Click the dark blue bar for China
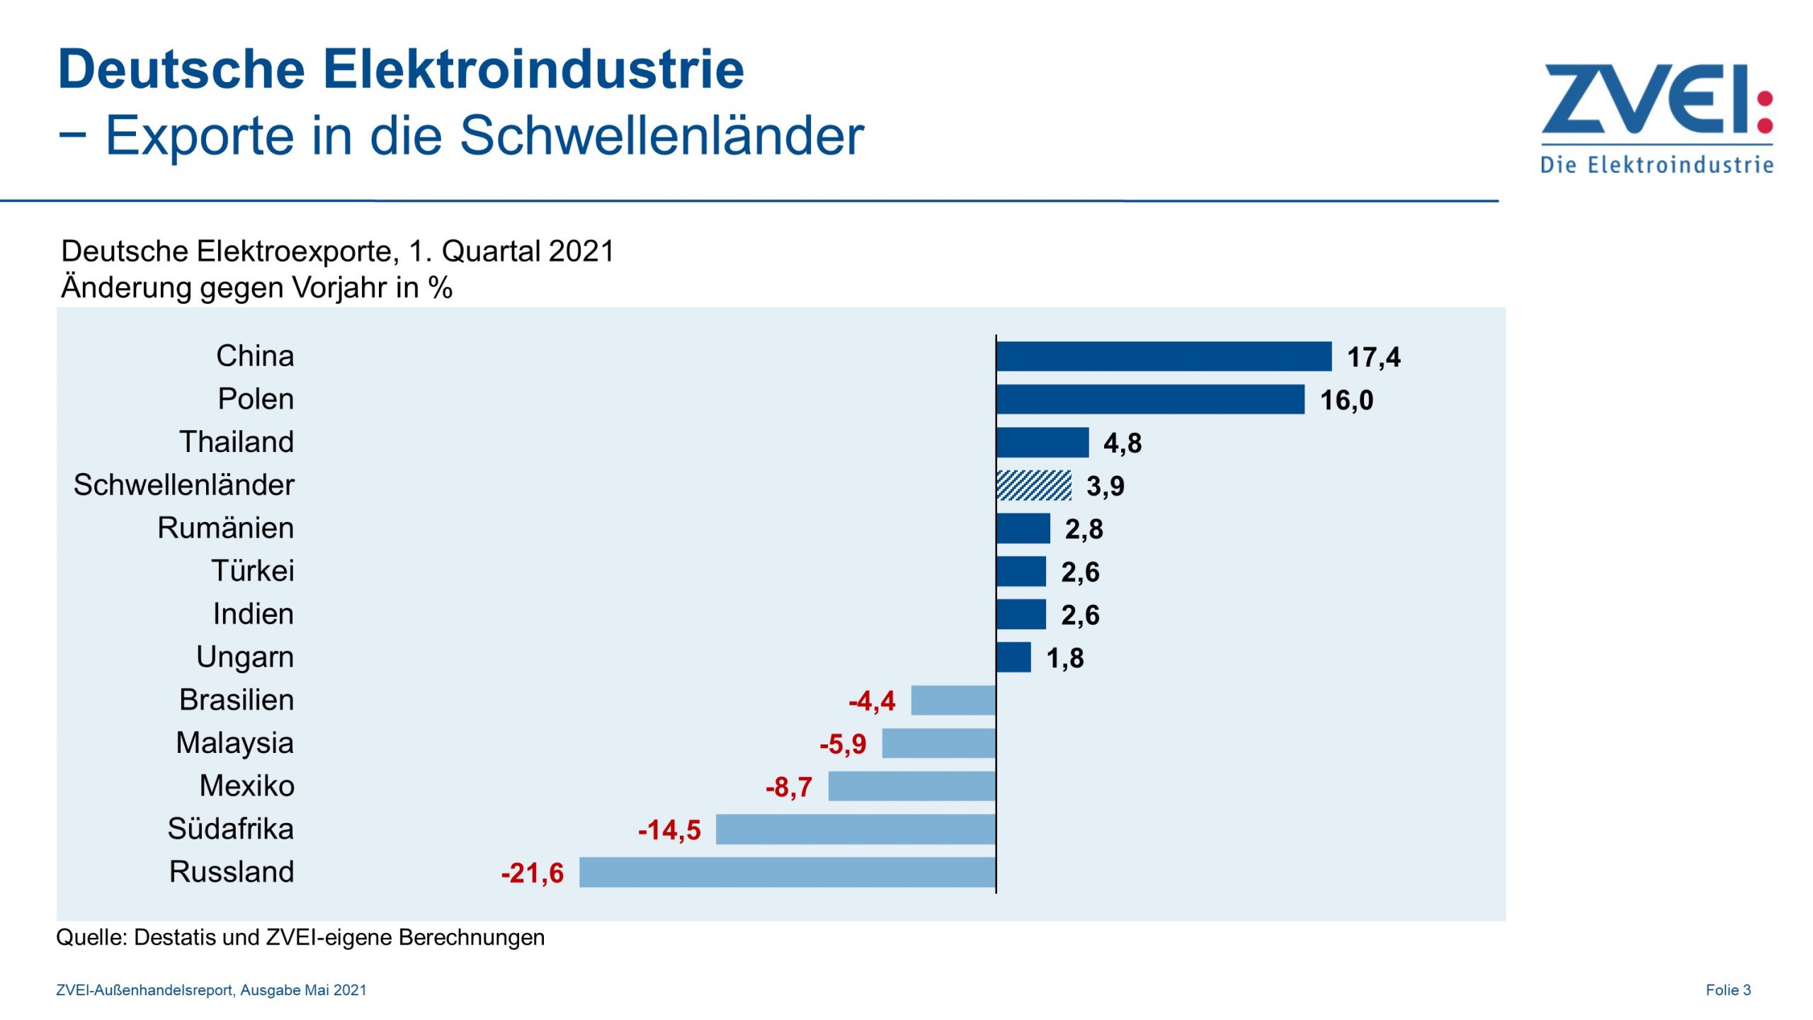[1164, 356]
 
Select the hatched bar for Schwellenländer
[1033, 485]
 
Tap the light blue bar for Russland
[787, 872]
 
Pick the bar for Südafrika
[856, 829]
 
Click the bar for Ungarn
[1013, 657]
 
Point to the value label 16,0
[1346, 400]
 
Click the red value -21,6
[532, 873]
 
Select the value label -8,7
[788, 787]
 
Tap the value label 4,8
[1122, 443]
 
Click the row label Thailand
[237, 441]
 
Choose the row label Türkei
[252, 571]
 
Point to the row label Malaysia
[234, 742]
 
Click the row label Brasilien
[237, 700]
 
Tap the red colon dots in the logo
[1765, 112]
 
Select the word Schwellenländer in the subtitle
[661, 135]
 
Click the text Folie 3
[1727, 990]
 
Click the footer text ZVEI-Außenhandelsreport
[145, 990]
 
